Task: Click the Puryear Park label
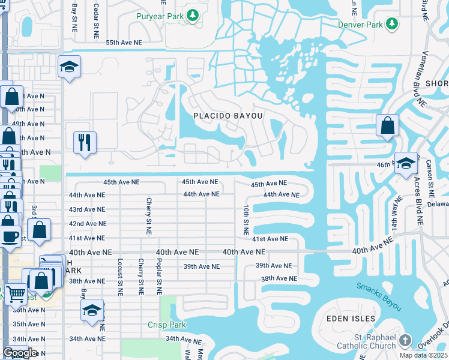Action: tap(161, 16)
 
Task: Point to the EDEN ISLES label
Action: tap(351, 319)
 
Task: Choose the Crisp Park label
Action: tap(167, 325)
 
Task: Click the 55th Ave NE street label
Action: tap(124, 43)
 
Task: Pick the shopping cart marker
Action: tap(16, 294)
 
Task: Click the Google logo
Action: tap(20, 353)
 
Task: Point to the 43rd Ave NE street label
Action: tap(88, 209)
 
